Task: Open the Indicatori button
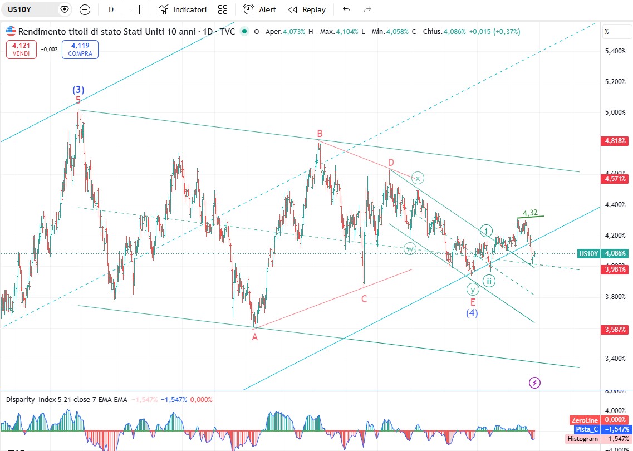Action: click(183, 9)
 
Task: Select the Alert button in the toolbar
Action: click(260, 9)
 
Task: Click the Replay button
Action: click(307, 9)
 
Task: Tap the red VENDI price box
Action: click(21, 50)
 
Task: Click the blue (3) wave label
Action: click(78, 90)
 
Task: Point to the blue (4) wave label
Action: click(472, 313)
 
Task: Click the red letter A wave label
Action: click(254, 337)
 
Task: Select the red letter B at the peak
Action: click(320, 133)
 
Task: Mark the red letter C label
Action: click(364, 299)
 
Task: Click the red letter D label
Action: click(391, 162)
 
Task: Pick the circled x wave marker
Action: click(418, 178)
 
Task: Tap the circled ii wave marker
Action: click(488, 280)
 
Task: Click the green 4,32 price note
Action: click(530, 213)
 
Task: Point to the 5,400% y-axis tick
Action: click(615, 51)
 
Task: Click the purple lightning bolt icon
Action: click(534, 383)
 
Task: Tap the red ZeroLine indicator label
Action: click(584, 420)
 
